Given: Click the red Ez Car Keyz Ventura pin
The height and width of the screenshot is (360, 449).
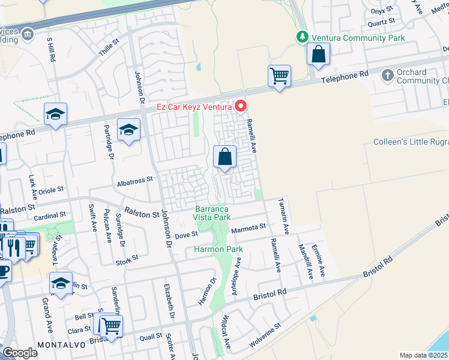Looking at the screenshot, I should [241, 106].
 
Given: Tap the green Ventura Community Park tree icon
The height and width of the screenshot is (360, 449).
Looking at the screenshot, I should [304, 37].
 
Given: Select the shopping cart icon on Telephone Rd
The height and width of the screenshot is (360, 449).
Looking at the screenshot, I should [279, 77].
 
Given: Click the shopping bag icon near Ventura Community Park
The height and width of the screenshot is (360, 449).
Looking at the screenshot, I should [318, 55].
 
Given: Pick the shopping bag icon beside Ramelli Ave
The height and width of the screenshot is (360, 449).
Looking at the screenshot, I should [224, 158].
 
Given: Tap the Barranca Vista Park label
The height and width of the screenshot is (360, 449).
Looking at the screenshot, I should [212, 213].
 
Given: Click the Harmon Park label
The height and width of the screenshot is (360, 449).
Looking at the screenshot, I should [217, 248].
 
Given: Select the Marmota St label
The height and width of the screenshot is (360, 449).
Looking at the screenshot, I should [248, 227].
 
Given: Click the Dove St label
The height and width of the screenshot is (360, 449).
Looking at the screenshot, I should [186, 235].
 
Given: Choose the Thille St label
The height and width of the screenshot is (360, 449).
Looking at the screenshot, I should [109, 49].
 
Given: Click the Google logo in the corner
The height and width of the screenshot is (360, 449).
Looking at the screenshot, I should [20, 353].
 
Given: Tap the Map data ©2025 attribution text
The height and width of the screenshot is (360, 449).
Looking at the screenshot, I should [423, 355].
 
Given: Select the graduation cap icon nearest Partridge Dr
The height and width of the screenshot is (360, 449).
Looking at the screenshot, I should [128, 129].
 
